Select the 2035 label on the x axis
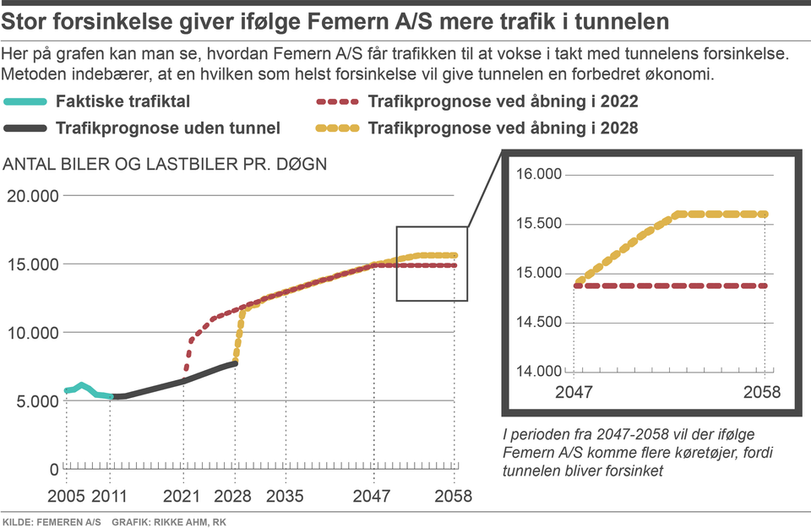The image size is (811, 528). [285, 495]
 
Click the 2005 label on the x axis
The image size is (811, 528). [64, 495]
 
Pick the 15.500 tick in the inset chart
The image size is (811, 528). [538, 224]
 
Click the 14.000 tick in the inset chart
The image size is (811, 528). [538, 371]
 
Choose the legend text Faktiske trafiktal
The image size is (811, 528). [122, 102]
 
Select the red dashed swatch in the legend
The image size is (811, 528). [338, 102]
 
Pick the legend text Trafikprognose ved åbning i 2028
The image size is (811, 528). [503, 128]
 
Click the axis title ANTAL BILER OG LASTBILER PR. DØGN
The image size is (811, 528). [165, 163]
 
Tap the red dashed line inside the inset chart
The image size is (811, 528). [667, 286]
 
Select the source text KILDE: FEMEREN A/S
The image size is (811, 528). [52, 520]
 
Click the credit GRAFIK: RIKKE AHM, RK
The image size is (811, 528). [169, 520]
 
